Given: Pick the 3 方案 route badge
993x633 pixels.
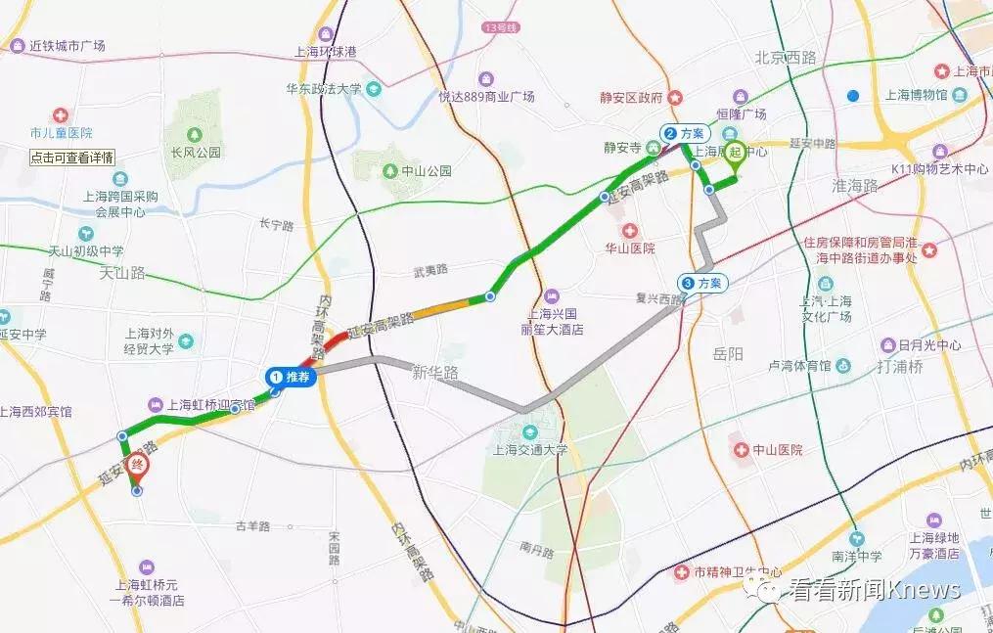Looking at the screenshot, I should (x=702, y=283).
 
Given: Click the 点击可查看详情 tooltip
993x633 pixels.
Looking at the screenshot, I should (x=71, y=157).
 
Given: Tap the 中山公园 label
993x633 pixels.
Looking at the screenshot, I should (x=427, y=170).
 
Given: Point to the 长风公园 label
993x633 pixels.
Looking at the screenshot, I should (x=195, y=153).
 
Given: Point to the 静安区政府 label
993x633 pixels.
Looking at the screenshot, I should (x=632, y=98).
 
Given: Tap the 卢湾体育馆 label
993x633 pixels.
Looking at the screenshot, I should (x=798, y=366).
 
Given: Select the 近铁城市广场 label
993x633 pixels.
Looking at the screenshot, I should (x=67, y=46).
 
